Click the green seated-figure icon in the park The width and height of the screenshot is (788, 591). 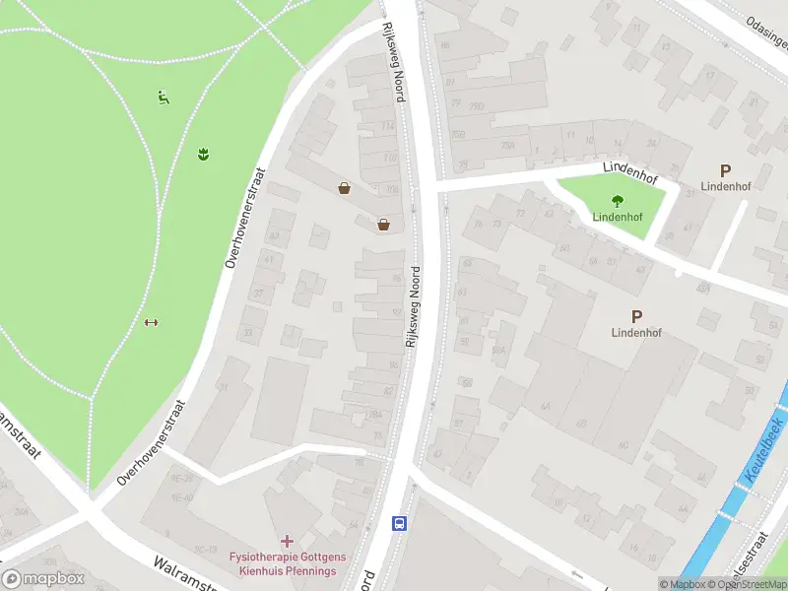[164, 97]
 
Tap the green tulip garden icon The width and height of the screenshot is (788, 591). [203, 153]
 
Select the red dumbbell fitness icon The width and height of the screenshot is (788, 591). [152, 322]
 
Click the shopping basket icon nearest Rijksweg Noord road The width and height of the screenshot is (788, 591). [383, 225]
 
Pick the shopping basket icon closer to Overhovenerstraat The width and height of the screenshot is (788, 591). [344, 188]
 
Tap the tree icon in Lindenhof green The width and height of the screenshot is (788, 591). [618, 200]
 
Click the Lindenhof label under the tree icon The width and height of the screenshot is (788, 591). [618, 217]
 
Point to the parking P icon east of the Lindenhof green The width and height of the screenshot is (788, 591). [726, 170]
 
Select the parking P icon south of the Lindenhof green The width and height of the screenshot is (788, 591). [636, 317]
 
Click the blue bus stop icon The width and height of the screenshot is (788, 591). [400, 522]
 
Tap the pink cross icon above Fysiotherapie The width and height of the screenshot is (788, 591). [287, 540]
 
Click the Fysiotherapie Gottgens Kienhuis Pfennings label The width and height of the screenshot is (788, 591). [283, 563]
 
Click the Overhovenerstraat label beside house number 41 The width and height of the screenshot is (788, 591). [246, 217]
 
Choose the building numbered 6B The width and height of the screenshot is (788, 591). [581, 425]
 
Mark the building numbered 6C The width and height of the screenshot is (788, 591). [623, 444]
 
